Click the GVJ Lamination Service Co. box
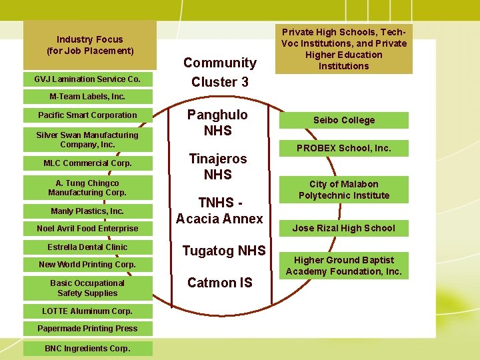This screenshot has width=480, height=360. [x=87, y=79]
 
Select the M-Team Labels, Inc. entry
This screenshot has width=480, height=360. [x=87, y=97]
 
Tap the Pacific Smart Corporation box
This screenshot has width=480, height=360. [x=87, y=115]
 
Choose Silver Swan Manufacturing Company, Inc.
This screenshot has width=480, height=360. [x=87, y=139]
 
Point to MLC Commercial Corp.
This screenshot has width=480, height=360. [x=87, y=163]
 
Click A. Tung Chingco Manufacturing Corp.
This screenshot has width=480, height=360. [x=87, y=188]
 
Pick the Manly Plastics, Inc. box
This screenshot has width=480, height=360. [x=87, y=211]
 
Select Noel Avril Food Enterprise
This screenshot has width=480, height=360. [x=87, y=229]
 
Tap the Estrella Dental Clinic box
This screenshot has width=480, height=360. [x=87, y=247]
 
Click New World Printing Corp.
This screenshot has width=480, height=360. [x=87, y=265]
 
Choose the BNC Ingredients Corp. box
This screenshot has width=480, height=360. [x=87, y=348]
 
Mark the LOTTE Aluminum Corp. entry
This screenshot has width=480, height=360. [x=87, y=311]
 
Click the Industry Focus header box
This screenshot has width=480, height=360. [x=90, y=45]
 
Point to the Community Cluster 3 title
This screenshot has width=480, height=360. [x=220, y=72]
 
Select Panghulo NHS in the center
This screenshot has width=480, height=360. [x=217, y=123]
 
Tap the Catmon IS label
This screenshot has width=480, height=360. [x=220, y=283]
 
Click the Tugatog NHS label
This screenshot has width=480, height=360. [x=224, y=251]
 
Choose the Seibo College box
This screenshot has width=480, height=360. [x=344, y=120]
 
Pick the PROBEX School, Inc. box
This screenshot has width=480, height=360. [x=344, y=148]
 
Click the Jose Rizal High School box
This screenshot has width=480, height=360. [x=344, y=228]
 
